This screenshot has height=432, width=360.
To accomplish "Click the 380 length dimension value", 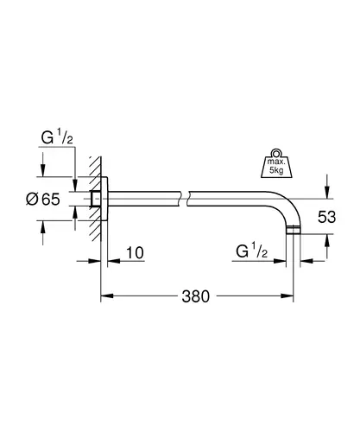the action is tap(195, 296).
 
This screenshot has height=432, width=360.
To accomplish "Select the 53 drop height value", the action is tap(326, 217).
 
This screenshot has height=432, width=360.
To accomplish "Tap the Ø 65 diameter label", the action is tap(43, 199).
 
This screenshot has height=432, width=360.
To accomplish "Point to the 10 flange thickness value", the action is tap(135, 252).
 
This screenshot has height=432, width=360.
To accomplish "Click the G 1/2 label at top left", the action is tap(57, 137).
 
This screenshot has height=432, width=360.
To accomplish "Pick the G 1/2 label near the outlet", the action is tap(252, 251).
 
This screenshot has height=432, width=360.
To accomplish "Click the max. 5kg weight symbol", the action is tap(276, 163).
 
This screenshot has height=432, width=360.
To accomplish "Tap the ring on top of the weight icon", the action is tap(276, 152).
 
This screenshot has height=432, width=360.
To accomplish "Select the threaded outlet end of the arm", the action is tap(294, 231).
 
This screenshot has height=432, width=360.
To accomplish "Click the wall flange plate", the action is tap(104, 199).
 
